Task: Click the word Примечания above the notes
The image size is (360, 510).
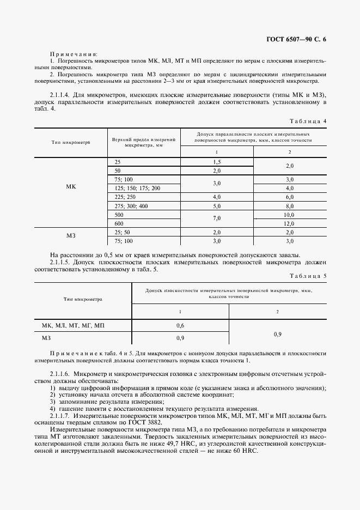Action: click(x=74, y=54)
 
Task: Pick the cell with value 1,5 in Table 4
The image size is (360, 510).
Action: click(x=217, y=162)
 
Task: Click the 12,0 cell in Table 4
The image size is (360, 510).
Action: click(x=289, y=223)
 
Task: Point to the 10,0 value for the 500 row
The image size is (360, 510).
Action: click(x=289, y=215)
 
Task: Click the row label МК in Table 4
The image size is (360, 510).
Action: click(x=71, y=187)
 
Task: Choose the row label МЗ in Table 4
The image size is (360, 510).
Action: click(x=71, y=236)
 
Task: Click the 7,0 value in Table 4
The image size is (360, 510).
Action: click(x=217, y=219)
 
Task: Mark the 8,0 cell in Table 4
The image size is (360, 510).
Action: click(x=289, y=206)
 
